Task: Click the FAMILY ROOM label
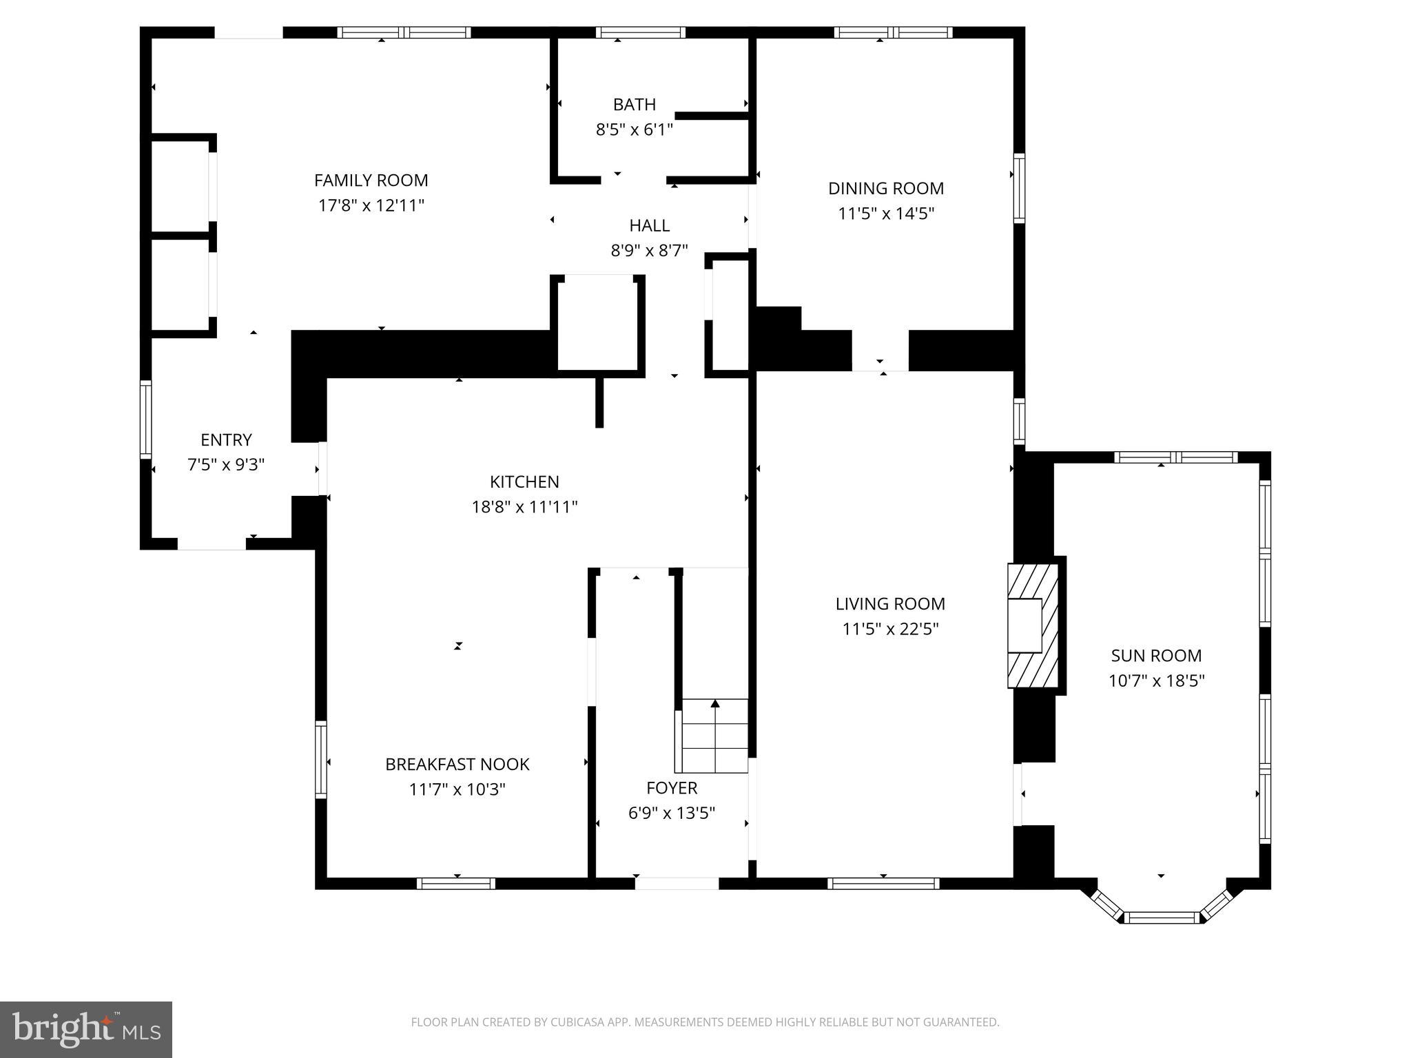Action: click(371, 180)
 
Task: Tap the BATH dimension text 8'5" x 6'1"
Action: click(634, 129)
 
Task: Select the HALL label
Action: click(649, 225)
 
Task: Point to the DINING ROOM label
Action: click(885, 188)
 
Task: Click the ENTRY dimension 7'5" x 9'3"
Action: click(226, 465)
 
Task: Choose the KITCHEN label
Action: click(524, 481)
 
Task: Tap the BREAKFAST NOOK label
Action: click(457, 764)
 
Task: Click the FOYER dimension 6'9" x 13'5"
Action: click(671, 813)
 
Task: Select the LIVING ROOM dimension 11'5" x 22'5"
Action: click(890, 629)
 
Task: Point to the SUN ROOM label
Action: click(1155, 655)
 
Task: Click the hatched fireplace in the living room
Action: click(1032, 625)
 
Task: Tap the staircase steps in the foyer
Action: click(714, 736)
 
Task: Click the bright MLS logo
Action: click(86, 1029)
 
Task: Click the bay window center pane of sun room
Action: click(1161, 917)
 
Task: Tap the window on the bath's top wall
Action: click(640, 32)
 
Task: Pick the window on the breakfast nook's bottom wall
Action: click(455, 884)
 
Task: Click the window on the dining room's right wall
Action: click(1019, 188)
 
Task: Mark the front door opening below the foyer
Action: click(676, 884)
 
